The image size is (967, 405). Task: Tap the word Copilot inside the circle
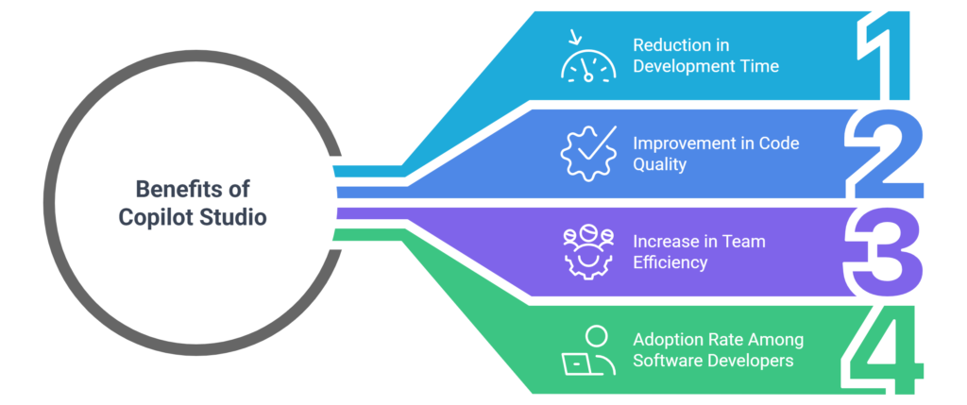click(x=152, y=216)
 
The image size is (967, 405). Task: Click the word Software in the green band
click(x=665, y=360)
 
